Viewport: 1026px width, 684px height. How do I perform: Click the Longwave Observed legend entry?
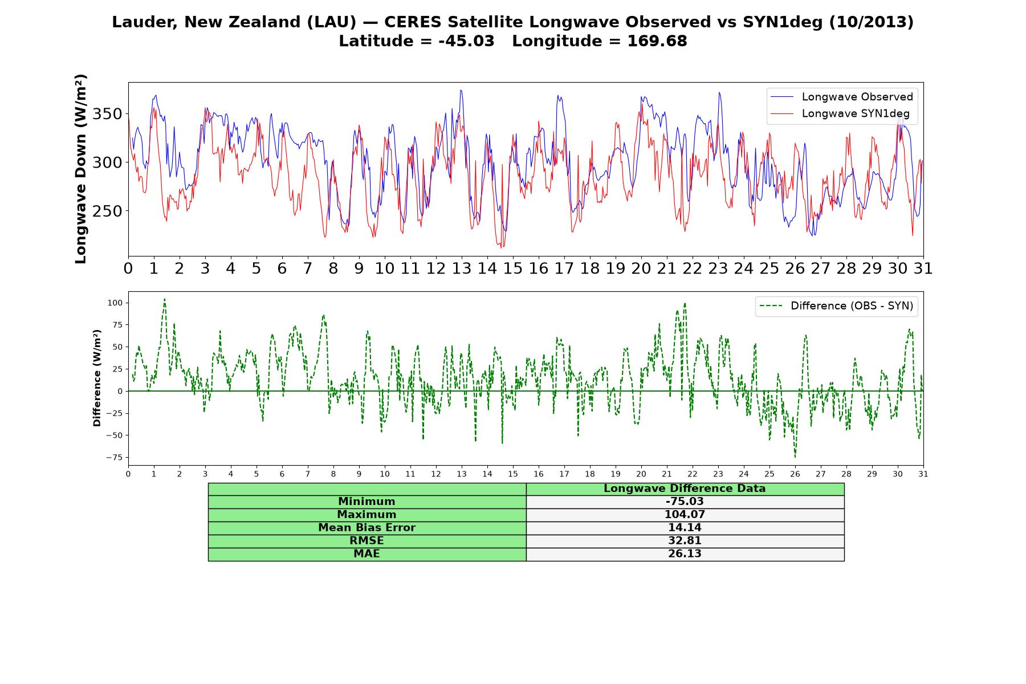pyautogui.click(x=841, y=97)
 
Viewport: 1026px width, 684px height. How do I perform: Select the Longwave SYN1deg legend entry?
pyautogui.click(x=840, y=113)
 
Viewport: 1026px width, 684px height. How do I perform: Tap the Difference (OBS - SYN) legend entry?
pyautogui.click(x=836, y=306)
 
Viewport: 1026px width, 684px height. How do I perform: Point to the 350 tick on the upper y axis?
pyautogui.click(x=107, y=114)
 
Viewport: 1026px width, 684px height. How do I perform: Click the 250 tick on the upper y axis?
pyautogui.click(x=107, y=211)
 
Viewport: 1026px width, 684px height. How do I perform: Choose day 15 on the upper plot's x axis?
pyautogui.click(x=513, y=268)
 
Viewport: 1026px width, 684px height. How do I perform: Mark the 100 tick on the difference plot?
pyautogui.click(x=115, y=303)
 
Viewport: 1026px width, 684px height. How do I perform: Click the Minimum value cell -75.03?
pyautogui.click(x=685, y=502)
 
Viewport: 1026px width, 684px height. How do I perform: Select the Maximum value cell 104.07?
pyautogui.click(x=685, y=515)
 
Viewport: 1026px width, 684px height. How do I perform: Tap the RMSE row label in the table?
pyautogui.click(x=367, y=541)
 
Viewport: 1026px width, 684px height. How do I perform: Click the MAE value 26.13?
pyautogui.click(x=685, y=554)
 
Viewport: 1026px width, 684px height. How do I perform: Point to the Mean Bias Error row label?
pyautogui.click(x=367, y=528)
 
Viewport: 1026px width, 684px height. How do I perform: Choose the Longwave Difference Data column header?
pyautogui.click(x=685, y=488)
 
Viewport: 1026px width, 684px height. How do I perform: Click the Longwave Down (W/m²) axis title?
pyautogui.click(x=81, y=169)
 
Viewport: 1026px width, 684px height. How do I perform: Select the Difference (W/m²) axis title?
pyautogui.click(x=97, y=378)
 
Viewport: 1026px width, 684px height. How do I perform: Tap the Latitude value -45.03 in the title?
pyautogui.click(x=466, y=41)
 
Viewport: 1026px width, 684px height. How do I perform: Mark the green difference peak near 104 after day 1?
pyautogui.click(x=164, y=299)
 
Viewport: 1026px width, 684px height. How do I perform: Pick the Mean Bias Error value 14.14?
pyautogui.click(x=685, y=528)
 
